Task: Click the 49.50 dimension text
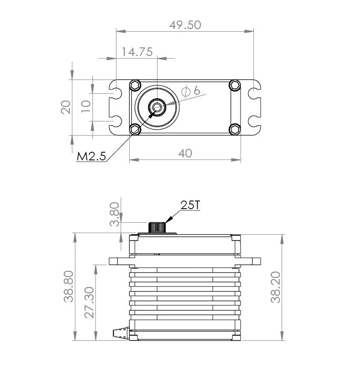(185, 25)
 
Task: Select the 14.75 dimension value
(137, 52)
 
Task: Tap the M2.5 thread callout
(91, 156)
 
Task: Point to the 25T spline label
(190, 205)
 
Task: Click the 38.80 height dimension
(68, 286)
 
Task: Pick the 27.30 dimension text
(89, 302)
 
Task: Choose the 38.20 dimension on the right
(276, 287)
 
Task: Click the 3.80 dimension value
(114, 214)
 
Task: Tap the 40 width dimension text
(185, 154)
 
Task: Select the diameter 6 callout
(190, 91)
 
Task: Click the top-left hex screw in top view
(135, 85)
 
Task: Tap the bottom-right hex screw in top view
(235, 130)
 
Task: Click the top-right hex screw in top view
(235, 85)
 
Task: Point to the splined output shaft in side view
(157, 227)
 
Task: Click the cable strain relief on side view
(121, 333)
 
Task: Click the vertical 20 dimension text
(66, 107)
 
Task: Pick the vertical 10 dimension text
(86, 106)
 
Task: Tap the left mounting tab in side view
(119, 261)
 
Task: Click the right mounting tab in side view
(250, 261)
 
